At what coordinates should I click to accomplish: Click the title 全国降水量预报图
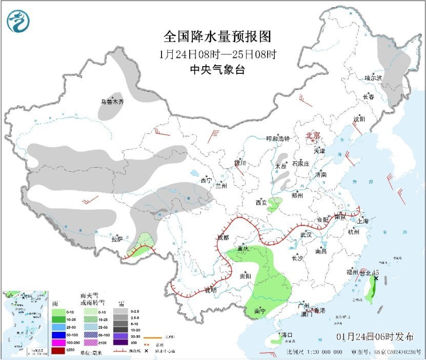tap(217, 37)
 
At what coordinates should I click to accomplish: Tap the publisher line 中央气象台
tap(217, 70)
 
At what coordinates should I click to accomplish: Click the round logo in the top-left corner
tap(18, 22)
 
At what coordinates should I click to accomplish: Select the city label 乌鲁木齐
tap(112, 102)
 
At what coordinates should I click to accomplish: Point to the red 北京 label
tap(313, 136)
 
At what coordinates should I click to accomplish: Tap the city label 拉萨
tap(117, 239)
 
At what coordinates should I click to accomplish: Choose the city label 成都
tap(224, 237)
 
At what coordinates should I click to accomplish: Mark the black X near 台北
tap(376, 278)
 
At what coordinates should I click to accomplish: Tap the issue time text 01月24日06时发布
tap(375, 337)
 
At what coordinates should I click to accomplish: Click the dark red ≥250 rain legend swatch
tap(58, 351)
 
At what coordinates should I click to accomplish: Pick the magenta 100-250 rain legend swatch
tap(58, 342)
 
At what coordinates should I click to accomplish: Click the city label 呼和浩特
tap(278, 139)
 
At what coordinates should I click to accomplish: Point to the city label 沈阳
tap(359, 119)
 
